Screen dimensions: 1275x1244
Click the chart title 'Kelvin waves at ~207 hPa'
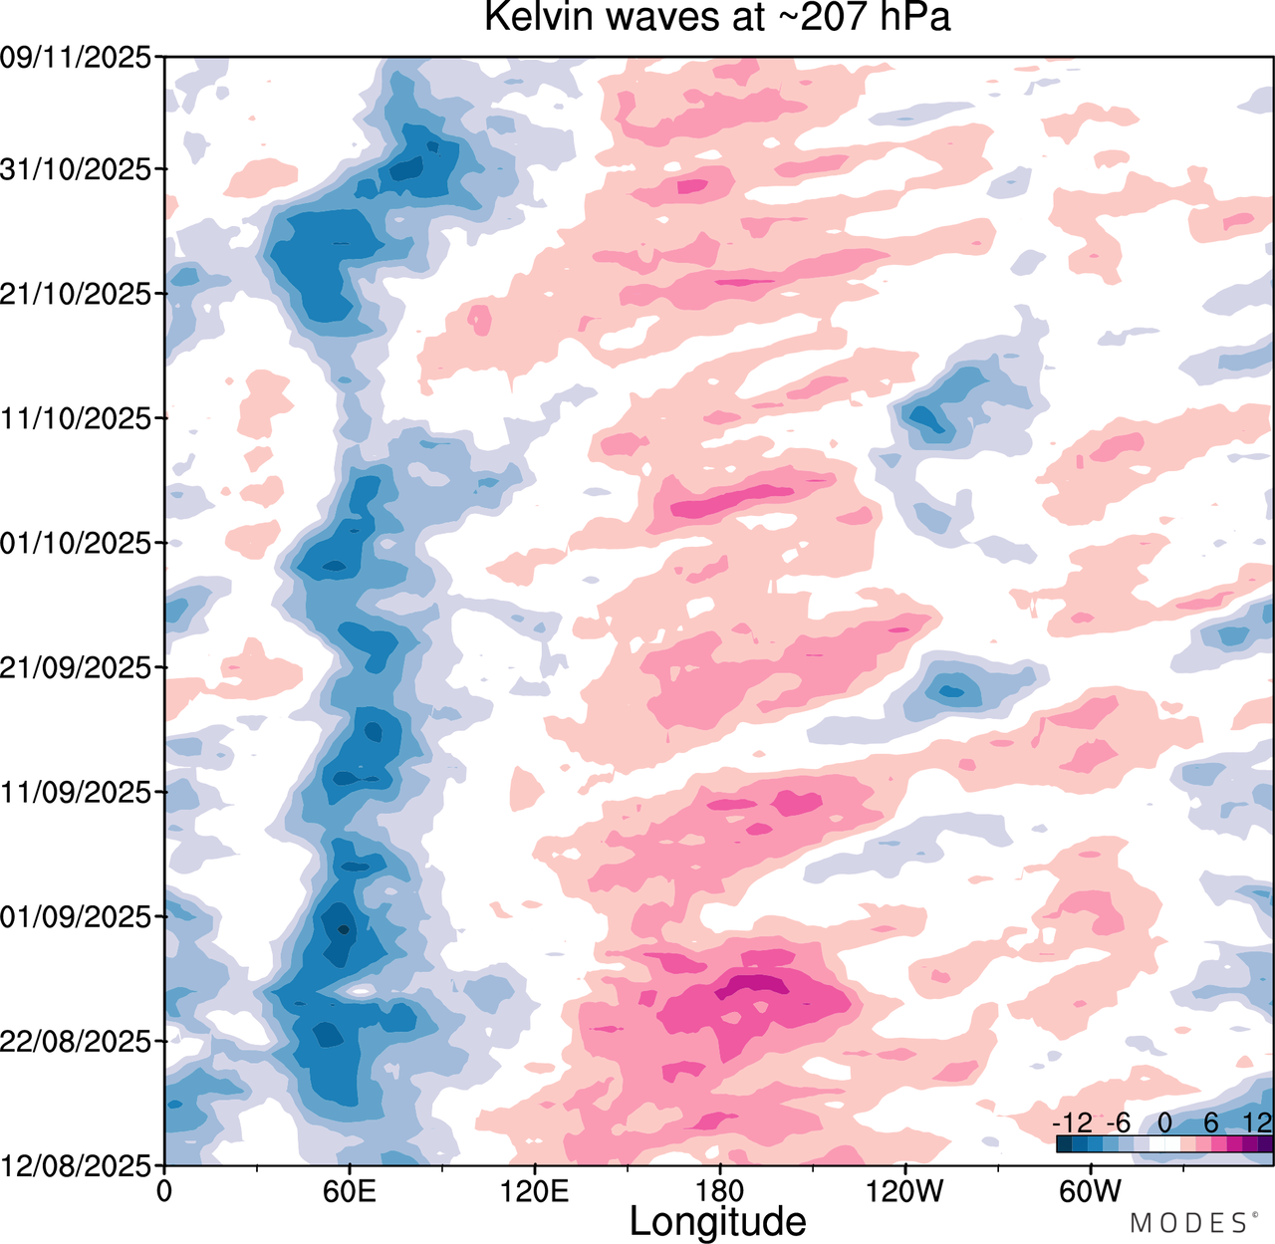tap(717, 17)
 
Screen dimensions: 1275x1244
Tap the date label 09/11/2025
tap(76, 58)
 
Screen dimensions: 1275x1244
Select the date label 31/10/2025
tap(76, 169)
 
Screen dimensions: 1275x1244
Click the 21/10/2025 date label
tap(76, 294)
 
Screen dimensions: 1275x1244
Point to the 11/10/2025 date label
tap(76, 418)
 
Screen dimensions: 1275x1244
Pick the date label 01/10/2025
tap(76, 543)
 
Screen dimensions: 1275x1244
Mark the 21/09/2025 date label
tap(76, 668)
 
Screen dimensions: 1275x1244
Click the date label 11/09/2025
tap(76, 793)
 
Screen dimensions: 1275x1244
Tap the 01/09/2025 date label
tap(76, 917)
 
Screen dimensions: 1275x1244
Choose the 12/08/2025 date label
tap(76, 1165)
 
